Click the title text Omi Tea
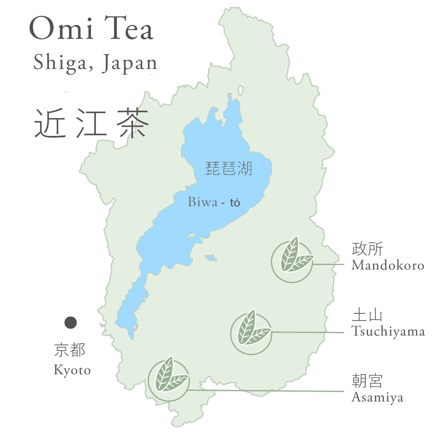92,29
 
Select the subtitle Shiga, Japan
95,63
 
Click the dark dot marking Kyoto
71,323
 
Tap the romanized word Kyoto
72,370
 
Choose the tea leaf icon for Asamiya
168,378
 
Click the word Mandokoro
388,265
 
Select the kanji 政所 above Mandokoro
367,250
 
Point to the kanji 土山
367,316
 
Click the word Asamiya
377,397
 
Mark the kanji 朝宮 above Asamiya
367,382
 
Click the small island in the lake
210,257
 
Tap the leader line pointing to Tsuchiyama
308,332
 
